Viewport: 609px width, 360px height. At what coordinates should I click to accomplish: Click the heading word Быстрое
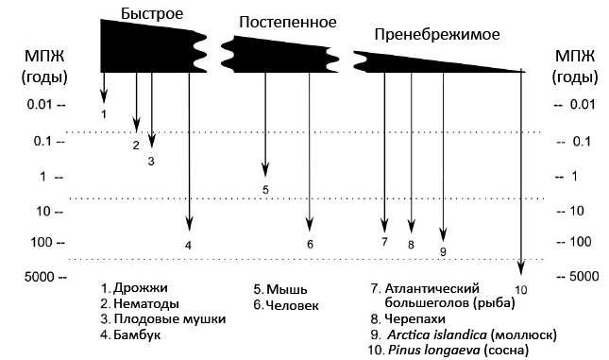click(x=152, y=14)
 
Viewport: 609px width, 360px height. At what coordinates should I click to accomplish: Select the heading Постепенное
click(x=288, y=22)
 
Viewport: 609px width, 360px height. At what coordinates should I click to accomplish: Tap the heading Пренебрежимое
click(x=437, y=35)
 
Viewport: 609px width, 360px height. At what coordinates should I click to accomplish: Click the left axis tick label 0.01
click(x=40, y=105)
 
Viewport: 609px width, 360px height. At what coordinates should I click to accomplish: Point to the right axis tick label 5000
click(x=584, y=277)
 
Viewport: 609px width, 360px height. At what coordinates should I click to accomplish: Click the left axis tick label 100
click(x=41, y=242)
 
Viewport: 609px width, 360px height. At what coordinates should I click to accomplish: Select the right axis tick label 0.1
click(x=582, y=141)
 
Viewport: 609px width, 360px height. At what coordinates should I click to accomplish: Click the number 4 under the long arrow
click(x=188, y=246)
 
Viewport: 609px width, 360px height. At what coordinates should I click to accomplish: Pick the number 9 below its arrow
click(x=443, y=251)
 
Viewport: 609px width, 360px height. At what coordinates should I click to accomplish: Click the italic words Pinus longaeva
click(x=434, y=351)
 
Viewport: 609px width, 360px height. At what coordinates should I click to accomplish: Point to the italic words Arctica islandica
click(x=437, y=334)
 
